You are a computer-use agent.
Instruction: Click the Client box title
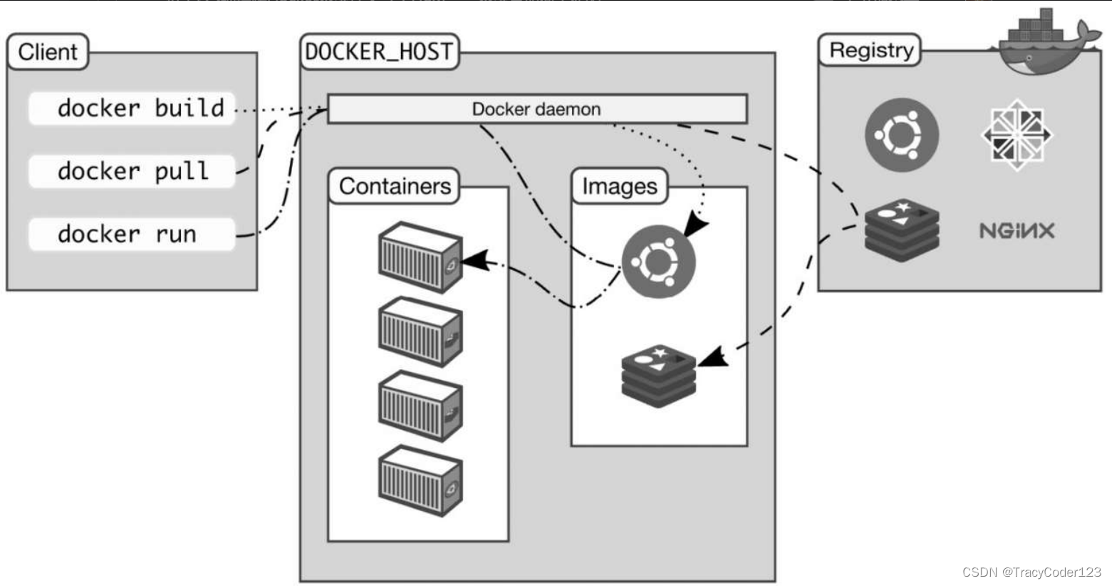[x=48, y=52]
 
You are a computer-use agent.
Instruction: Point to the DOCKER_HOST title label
[x=379, y=52]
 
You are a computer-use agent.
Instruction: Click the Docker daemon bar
[x=536, y=109]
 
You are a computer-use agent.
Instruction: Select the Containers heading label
[x=395, y=186]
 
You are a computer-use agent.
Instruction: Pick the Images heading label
[x=620, y=186]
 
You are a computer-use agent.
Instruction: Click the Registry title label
[x=871, y=51]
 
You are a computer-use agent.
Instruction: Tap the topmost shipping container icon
[x=420, y=257]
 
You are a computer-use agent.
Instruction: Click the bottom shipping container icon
[x=420, y=480]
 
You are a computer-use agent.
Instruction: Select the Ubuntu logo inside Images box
[x=658, y=262]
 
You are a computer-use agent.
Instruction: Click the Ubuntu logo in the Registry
[x=902, y=134]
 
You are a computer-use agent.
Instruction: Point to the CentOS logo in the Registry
[x=1017, y=134]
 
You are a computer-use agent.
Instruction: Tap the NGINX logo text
[x=1017, y=230]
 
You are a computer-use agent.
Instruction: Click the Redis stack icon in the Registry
[x=902, y=230]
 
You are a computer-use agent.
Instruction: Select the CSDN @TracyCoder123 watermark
[x=1031, y=572]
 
